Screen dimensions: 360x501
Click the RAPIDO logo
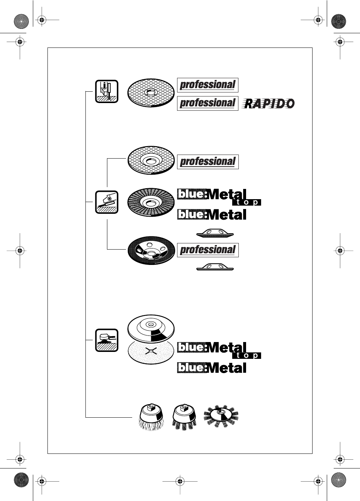pos(269,103)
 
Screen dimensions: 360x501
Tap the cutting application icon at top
pos(107,91)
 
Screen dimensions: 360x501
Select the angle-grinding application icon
pos(107,202)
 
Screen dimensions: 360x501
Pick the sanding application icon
pos(107,340)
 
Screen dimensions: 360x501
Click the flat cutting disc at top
pos(150,93)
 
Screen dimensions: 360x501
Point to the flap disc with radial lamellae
pos(150,202)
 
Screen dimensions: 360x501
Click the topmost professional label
pos(207,85)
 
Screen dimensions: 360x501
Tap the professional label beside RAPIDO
pos(207,103)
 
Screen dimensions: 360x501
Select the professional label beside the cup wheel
pos(207,250)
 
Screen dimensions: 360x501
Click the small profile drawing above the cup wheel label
pos(215,233)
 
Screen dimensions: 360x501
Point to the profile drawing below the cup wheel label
pos(215,267)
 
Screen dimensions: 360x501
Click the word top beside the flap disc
pos(247,202)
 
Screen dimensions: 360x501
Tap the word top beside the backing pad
pos(247,356)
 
